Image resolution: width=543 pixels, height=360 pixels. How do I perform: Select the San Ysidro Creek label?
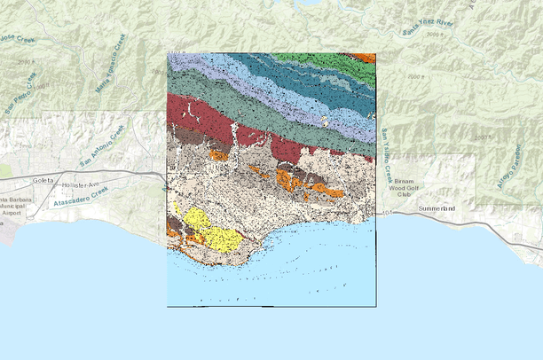386,146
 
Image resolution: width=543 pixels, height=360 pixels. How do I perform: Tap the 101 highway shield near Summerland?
388,213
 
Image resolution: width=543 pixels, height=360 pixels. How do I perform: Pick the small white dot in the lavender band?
325,121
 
